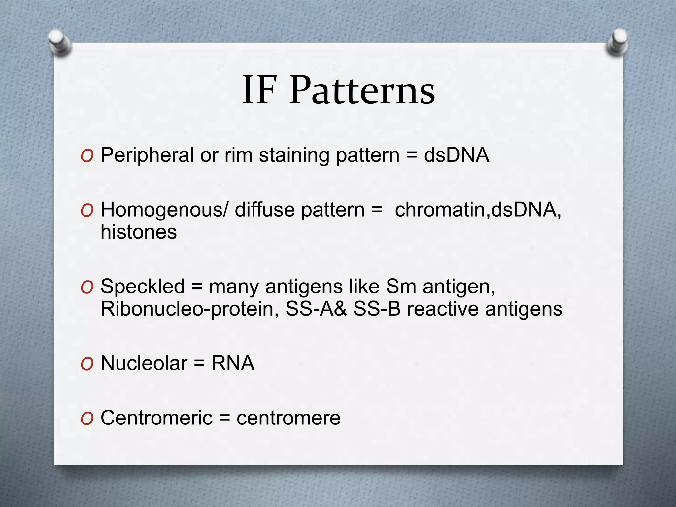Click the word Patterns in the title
click(362, 90)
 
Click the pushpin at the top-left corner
click(59, 43)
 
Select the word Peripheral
click(147, 155)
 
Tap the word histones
click(139, 232)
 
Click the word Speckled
click(143, 286)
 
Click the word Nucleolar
click(144, 363)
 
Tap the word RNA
click(233, 363)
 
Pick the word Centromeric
click(156, 418)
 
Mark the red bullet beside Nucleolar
click(87, 364)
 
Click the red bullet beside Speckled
click(87, 287)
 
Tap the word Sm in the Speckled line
click(401, 286)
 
